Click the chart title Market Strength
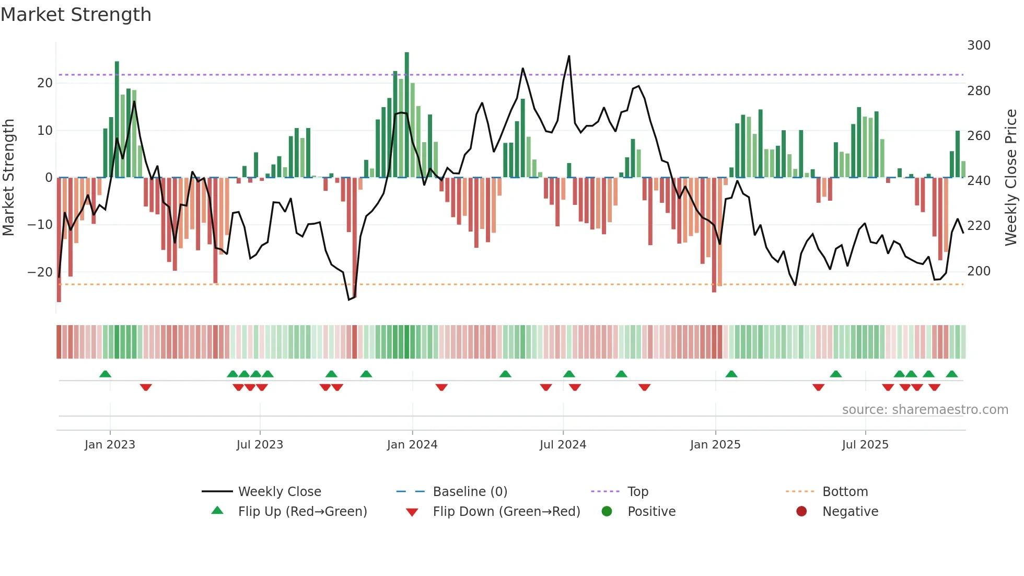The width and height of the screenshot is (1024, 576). coord(76,15)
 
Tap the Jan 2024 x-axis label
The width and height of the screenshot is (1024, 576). coord(412,445)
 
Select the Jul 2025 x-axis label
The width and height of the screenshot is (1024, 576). coord(865,445)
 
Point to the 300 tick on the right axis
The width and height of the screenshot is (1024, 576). coord(979,45)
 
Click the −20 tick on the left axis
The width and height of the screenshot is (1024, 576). coord(40,272)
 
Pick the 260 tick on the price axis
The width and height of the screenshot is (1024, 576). coord(979,136)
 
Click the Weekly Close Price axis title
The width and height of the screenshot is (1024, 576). coord(1011,178)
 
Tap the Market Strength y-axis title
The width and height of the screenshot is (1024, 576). coord(9,178)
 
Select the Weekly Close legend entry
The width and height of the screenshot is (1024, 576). coord(279,492)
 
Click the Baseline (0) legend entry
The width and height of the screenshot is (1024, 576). coord(470,492)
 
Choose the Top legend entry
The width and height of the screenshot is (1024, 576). coord(637,492)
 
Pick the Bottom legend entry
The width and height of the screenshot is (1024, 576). coord(845,492)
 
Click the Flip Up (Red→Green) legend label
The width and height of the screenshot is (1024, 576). coord(302,512)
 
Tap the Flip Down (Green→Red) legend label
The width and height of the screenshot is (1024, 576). coord(506,512)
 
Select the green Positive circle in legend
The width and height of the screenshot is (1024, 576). coord(607,512)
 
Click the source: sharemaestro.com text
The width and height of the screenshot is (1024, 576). coord(925,410)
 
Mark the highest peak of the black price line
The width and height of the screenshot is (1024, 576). coord(569,56)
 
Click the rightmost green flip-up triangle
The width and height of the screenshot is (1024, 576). coord(951,374)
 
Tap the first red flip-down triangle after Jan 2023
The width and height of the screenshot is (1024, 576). coord(146,387)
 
